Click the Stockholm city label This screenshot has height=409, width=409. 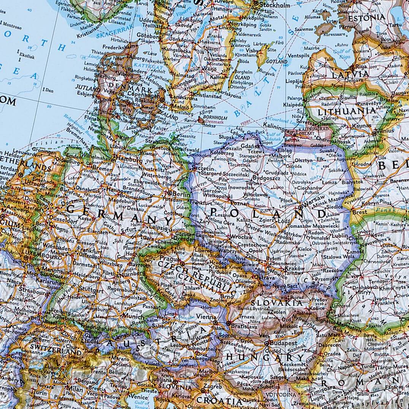coord(275,5)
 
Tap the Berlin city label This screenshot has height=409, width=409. coord(181,193)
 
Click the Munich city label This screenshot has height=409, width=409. coord(133,317)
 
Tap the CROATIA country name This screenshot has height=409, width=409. coord(219,401)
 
